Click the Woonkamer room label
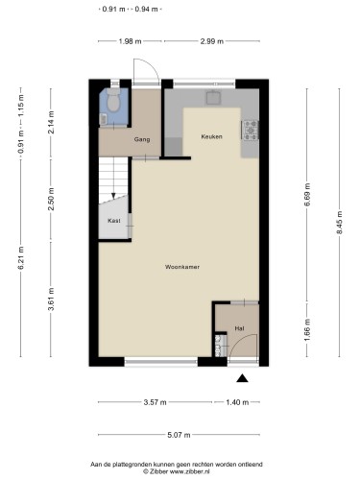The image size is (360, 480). tap(182, 267)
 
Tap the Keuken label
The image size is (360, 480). tap(211, 136)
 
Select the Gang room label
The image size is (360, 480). tap(142, 139)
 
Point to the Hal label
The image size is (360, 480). tap(239, 328)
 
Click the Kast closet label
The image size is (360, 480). tap(114, 221)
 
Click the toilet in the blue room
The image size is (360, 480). tap(113, 100)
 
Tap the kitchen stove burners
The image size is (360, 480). tap(251, 131)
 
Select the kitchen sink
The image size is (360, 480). tap(213, 97)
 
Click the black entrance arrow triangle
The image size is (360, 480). tap(242, 378)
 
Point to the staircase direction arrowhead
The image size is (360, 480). tap(113, 196)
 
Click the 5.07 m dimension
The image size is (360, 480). tap(179, 435)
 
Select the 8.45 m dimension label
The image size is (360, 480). tap(340, 223)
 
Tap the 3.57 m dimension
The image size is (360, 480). tap(155, 402)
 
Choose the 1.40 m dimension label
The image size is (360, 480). tap(237, 402)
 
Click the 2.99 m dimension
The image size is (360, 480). tap(212, 41)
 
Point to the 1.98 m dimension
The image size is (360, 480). tap(130, 41)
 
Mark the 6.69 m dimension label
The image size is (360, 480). tap(307, 195)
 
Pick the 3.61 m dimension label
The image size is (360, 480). tap(51, 299)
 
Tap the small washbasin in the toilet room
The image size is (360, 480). tap(103, 119)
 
